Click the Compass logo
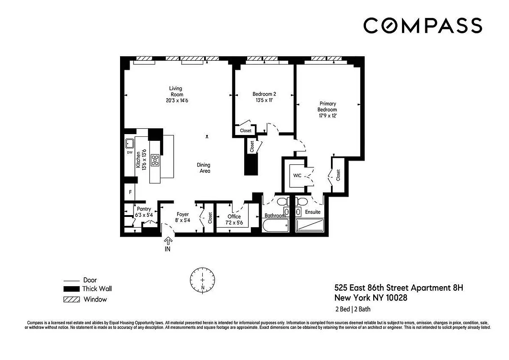click(422, 26)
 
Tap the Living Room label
click(175, 91)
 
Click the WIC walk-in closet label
click(297, 175)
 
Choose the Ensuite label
click(313, 212)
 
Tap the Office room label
click(234, 216)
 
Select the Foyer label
click(182, 215)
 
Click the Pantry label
click(144, 209)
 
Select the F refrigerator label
click(130, 192)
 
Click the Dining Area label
click(203, 168)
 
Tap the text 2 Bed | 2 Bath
click(353, 309)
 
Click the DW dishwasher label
click(129, 153)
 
